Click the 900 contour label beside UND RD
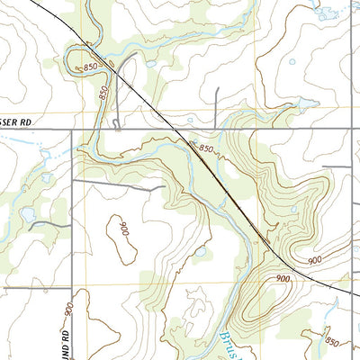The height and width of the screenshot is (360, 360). coord(67,309)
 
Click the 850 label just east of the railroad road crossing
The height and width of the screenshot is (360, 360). coord(206,148)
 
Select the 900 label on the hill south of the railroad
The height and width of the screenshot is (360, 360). coord(283,280)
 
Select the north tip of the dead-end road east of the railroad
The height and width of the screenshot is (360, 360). coord(218,88)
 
